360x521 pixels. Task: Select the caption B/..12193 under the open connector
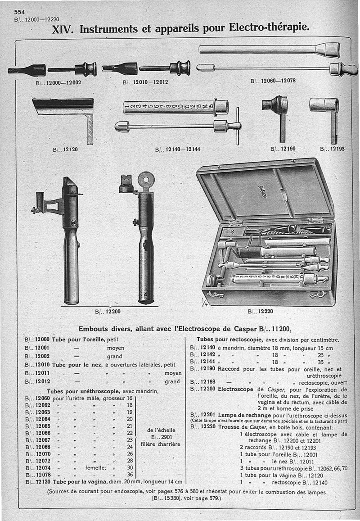pyautogui.click(x=332, y=149)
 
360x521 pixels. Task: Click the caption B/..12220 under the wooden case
pyautogui.click(x=260, y=311)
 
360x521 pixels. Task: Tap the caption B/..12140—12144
pyautogui.click(x=178, y=149)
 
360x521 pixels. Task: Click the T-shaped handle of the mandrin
pyautogui.click(x=237, y=126)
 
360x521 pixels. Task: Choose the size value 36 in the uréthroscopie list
pyautogui.click(x=130, y=474)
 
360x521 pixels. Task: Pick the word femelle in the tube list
pyautogui.click(x=96, y=467)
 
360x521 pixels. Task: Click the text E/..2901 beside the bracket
pyautogui.click(x=159, y=436)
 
